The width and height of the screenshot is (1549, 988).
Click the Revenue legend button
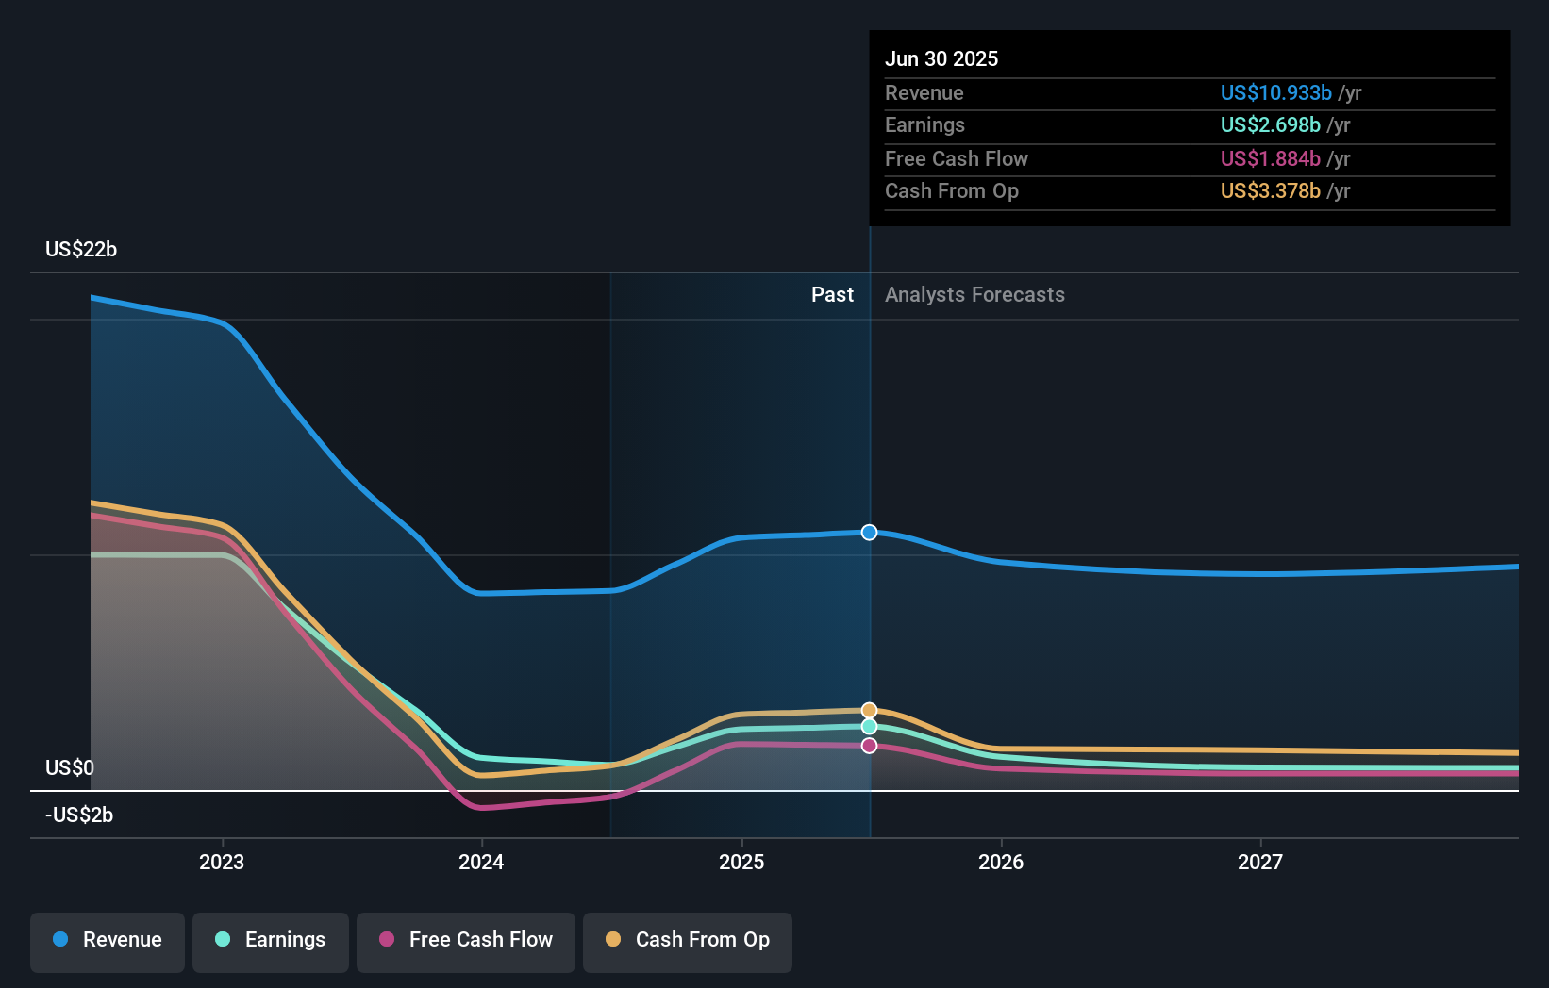[108, 940]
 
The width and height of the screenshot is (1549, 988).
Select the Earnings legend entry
[271, 940]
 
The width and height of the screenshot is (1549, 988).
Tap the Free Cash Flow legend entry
[466, 940]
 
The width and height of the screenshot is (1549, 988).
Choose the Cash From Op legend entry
[688, 940]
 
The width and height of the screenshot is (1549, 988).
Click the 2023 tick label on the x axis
[222, 863]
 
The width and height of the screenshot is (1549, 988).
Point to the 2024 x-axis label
[481, 863]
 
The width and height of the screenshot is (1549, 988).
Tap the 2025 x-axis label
[741, 863]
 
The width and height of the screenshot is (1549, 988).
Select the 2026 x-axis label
[1001, 863]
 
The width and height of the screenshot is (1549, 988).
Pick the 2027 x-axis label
[1260, 863]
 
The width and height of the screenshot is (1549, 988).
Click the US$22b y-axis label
[81, 250]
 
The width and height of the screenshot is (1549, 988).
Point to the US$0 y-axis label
[70, 768]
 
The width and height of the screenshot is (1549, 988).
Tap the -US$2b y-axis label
[79, 815]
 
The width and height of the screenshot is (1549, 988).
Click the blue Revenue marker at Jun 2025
[870, 533]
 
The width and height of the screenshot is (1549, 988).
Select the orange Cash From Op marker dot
[870, 710]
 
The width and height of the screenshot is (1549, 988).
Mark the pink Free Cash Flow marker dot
[870, 746]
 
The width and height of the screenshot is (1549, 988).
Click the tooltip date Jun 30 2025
[941, 59]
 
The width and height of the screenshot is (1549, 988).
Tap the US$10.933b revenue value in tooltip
[1275, 93]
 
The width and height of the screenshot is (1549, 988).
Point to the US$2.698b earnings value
[1270, 125]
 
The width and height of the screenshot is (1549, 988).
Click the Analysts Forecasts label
[974, 295]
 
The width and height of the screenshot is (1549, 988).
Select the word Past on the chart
[832, 295]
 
